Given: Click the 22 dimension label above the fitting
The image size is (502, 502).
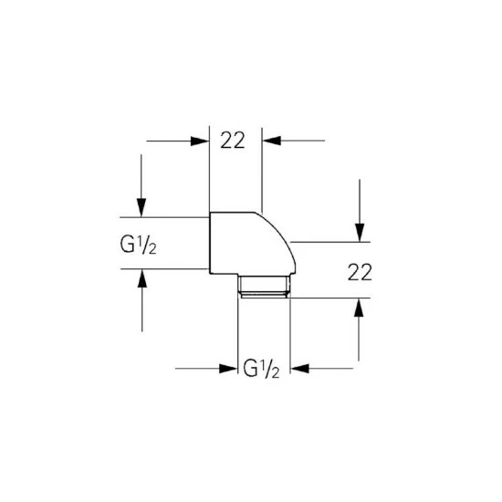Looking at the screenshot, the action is click(x=233, y=140).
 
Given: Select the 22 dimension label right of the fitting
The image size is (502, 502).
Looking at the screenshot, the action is click(x=360, y=273).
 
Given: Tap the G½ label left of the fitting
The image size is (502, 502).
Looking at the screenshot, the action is click(x=139, y=246).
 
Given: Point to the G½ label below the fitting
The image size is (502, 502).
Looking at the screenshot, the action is click(x=261, y=369).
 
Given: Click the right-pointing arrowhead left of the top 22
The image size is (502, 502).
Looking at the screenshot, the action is click(x=200, y=141).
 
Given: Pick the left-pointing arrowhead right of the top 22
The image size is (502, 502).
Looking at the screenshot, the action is click(x=272, y=141).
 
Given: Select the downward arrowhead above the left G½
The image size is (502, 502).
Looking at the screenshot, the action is click(x=141, y=207).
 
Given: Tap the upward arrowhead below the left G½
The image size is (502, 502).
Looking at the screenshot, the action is click(x=142, y=278).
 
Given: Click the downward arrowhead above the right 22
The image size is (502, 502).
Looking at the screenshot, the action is click(x=360, y=233).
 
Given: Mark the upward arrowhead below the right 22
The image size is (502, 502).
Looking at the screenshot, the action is click(x=359, y=308).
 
